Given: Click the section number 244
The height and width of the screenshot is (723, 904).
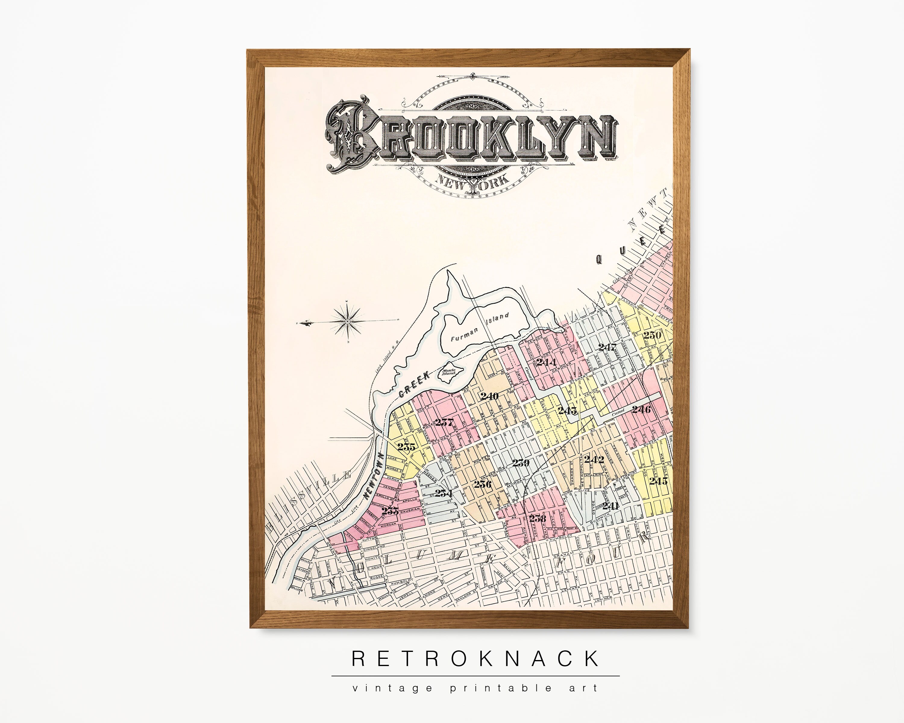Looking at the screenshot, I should pyautogui.click(x=546, y=362).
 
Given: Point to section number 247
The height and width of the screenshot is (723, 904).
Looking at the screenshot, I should pyautogui.click(x=607, y=347).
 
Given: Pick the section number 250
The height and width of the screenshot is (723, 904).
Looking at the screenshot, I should pyautogui.click(x=652, y=335).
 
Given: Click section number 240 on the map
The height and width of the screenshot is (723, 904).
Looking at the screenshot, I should pyautogui.click(x=489, y=396).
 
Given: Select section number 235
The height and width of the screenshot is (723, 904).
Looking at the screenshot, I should pyautogui.click(x=406, y=447).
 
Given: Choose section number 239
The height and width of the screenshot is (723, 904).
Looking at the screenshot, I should pyautogui.click(x=521, y=463).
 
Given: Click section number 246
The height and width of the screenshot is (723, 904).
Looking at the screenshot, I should pyautogui.click(x=641, y=409).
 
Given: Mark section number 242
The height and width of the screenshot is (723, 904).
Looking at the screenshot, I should pyautogui.click(x=594, y=459).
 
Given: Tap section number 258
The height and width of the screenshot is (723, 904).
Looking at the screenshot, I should pyautogui.click(x=538, y=518).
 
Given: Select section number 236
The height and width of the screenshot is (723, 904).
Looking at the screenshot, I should pyautogui.click(x=483, y=484).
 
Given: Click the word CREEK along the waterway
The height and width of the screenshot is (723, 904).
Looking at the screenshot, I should pyautogui.click(x=414, y=385).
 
